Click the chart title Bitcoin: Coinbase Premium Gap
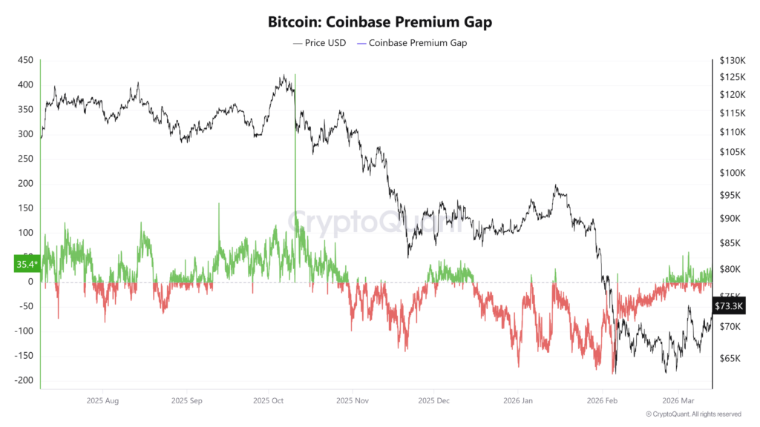[380, 21]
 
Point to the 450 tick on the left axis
[25, 61]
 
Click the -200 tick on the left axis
[23, 380]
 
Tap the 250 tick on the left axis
[25, 159]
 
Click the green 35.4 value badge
[26, 263]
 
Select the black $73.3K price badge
[729, 306]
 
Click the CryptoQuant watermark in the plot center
[375, 221]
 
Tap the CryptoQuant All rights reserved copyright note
[693, 414]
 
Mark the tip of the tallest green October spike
[295, 75]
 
